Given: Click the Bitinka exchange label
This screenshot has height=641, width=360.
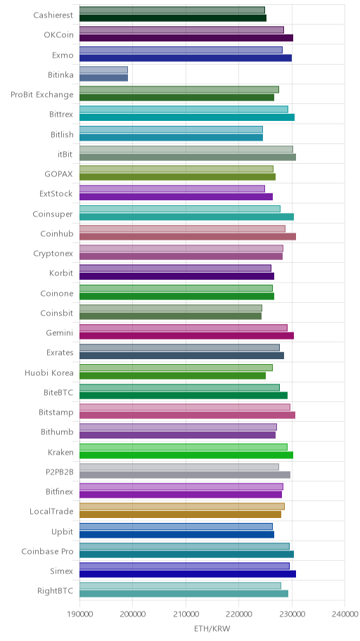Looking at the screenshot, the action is [60, 75].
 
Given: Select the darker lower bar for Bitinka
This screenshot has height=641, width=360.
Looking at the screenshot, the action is [103, 78].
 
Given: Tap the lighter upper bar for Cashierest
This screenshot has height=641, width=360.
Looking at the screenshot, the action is [172, 10].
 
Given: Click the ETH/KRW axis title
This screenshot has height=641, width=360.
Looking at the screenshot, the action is [212, 628].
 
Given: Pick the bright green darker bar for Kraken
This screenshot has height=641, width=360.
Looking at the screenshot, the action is [186, 455].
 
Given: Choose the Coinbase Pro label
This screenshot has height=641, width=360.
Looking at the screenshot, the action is [47, 552].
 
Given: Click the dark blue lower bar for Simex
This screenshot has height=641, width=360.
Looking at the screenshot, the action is [187, 574].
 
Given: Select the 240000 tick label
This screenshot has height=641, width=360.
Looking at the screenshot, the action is [345, 614].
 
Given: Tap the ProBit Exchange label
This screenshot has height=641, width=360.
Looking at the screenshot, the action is [42, 95].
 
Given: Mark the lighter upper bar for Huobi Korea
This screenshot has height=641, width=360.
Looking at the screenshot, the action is [176, 368].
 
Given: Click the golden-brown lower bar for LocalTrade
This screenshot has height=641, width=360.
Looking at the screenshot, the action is [180, 514].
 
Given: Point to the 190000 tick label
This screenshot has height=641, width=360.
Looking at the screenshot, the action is [79, 614].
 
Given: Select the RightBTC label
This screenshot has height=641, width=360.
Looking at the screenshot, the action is [56, 590].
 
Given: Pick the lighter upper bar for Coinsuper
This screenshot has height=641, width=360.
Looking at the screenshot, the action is [179, 209].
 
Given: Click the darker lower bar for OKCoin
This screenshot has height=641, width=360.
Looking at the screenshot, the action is [186, 38].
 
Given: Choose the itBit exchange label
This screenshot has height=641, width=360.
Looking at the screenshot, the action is [65, 154].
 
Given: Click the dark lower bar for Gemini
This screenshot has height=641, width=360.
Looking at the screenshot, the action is [186, 336].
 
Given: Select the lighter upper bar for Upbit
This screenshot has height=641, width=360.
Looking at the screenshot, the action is [176, 526].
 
